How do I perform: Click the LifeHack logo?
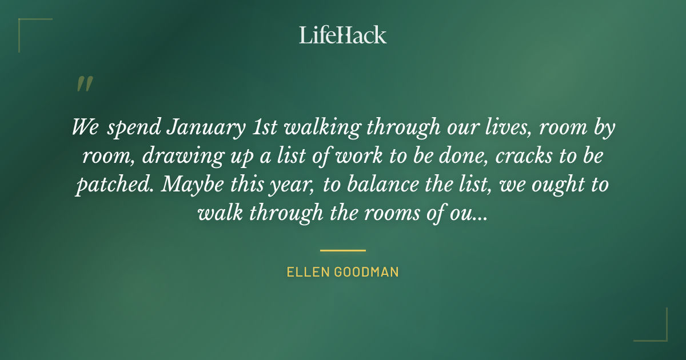343,35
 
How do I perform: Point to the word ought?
552,185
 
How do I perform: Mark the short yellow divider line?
343,250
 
